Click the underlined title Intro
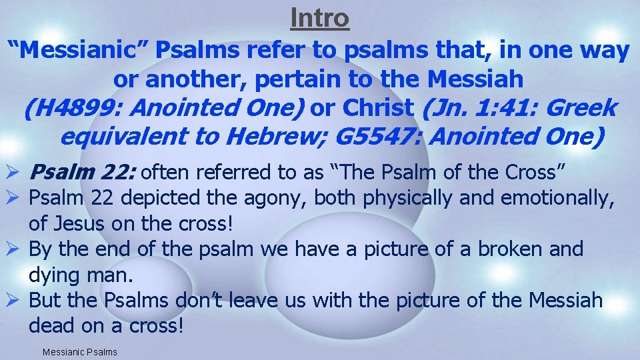click(320, 18)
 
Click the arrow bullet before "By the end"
click(14, 249)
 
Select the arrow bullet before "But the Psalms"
click(14, 301)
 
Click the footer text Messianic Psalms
click(79, 351)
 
